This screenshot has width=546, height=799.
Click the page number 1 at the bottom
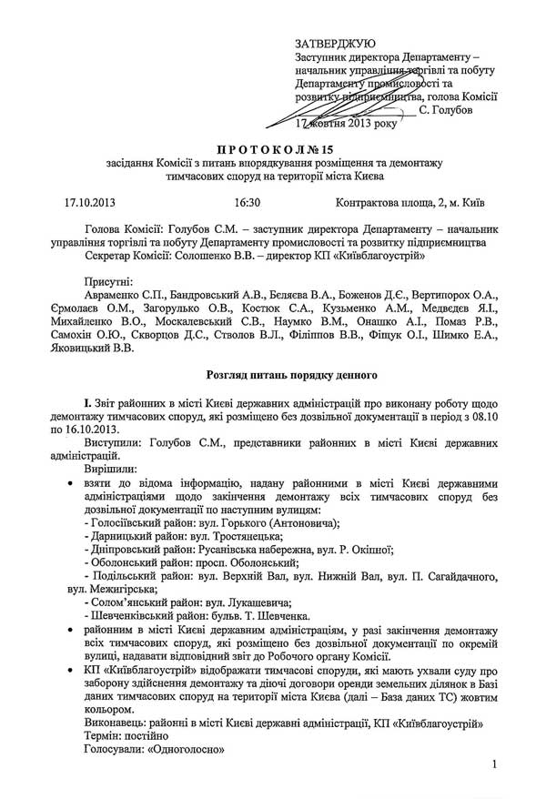click(x=492, y=765)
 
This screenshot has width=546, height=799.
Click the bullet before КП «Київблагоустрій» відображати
click(x=60, y=670)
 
